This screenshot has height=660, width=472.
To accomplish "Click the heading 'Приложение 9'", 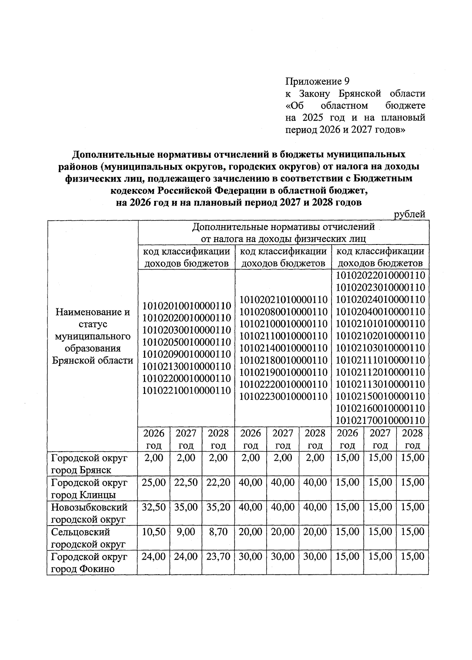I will pos(317,81).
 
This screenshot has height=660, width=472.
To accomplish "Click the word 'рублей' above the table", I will pos(409,214).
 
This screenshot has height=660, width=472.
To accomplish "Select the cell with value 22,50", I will pos(186,482).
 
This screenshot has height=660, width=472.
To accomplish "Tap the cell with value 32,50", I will pos(154,507).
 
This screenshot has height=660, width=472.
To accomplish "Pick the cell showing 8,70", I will pos(218,532).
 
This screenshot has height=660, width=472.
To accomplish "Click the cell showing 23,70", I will pos(218,557).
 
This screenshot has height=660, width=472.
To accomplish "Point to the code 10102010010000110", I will pos(186,305).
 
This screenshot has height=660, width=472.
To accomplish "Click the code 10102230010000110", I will pos(284,396).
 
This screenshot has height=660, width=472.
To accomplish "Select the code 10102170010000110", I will pos(381,420).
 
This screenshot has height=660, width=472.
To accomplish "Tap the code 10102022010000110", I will pos(381,276).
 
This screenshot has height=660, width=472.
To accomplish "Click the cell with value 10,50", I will pos(154,532).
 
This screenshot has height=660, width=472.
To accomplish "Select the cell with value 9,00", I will pos(186,532).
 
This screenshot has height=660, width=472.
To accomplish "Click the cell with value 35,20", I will pos(218,507).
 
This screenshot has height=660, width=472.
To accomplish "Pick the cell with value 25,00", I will pos(154,482).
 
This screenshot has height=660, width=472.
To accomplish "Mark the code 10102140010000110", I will pos(284,348).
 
